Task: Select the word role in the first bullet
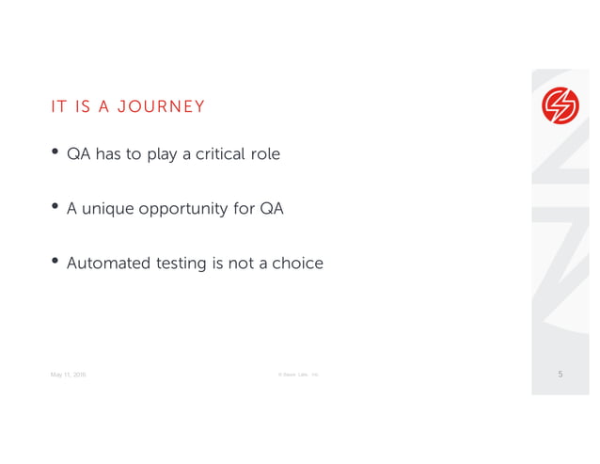pos(264,154)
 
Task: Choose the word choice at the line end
pos(297,264)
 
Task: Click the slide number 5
pos(561,375)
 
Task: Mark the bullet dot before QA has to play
pos(55,153)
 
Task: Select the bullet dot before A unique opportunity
pos(55,207)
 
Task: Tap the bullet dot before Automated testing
pos(55,262)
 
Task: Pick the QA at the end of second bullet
pos(271,209)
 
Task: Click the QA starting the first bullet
pos(77,154)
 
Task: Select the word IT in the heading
pos(58,106)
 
